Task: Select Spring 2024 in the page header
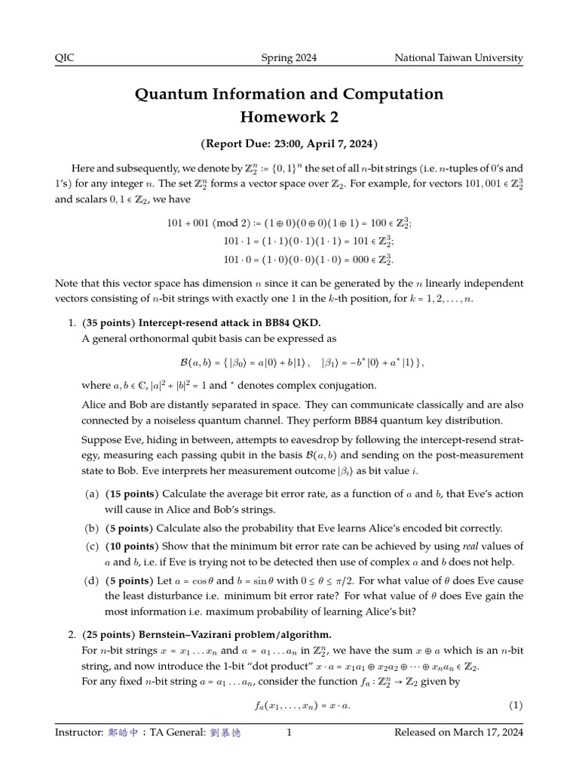pos(289,58)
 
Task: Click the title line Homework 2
pos(289,116)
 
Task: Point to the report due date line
pos(289,143)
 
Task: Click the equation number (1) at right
pos(515,706)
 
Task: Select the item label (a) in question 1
pos(90,494)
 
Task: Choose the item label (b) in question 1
pos(90,528)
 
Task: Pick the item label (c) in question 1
pos(90,546)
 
